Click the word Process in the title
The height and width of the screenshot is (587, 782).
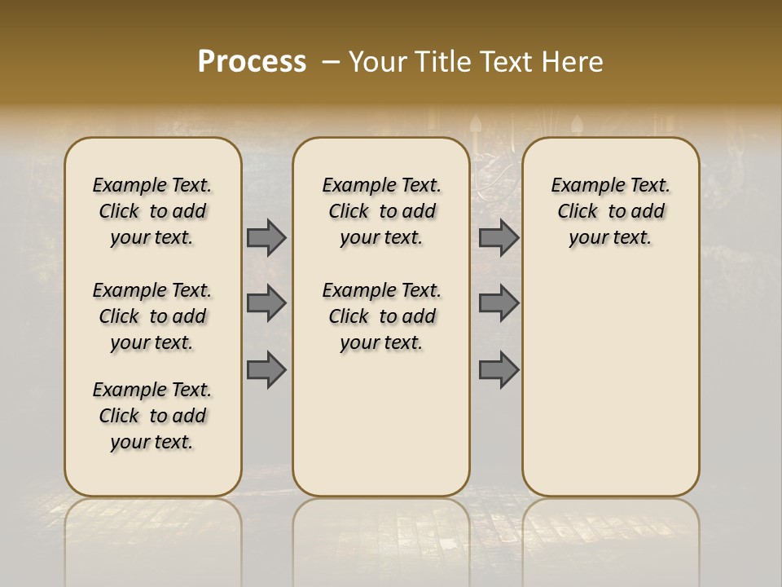click(252, 61)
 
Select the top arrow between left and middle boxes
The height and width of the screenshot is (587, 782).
click(266, 237)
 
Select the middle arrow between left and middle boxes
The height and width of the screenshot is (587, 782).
click(266, 303)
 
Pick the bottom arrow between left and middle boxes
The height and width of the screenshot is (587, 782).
click(266, 369)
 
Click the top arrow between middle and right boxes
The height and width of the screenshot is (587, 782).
click(499, 237)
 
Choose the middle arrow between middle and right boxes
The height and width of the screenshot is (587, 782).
click(499, 303)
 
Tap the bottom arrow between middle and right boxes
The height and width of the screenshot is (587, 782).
click(499, 369)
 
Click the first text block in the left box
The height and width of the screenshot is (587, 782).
click(152, 211)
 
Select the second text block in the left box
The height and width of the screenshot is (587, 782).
click(152, 316)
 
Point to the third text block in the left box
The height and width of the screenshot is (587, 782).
click(152, 416)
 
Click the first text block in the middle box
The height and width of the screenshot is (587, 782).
click(381, 211)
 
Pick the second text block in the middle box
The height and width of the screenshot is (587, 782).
click(381, 316)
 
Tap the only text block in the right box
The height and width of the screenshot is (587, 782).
click(610, 211)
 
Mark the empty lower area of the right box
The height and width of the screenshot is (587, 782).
click(610, 375)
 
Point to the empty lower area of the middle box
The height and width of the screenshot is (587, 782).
click(381, 424)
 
